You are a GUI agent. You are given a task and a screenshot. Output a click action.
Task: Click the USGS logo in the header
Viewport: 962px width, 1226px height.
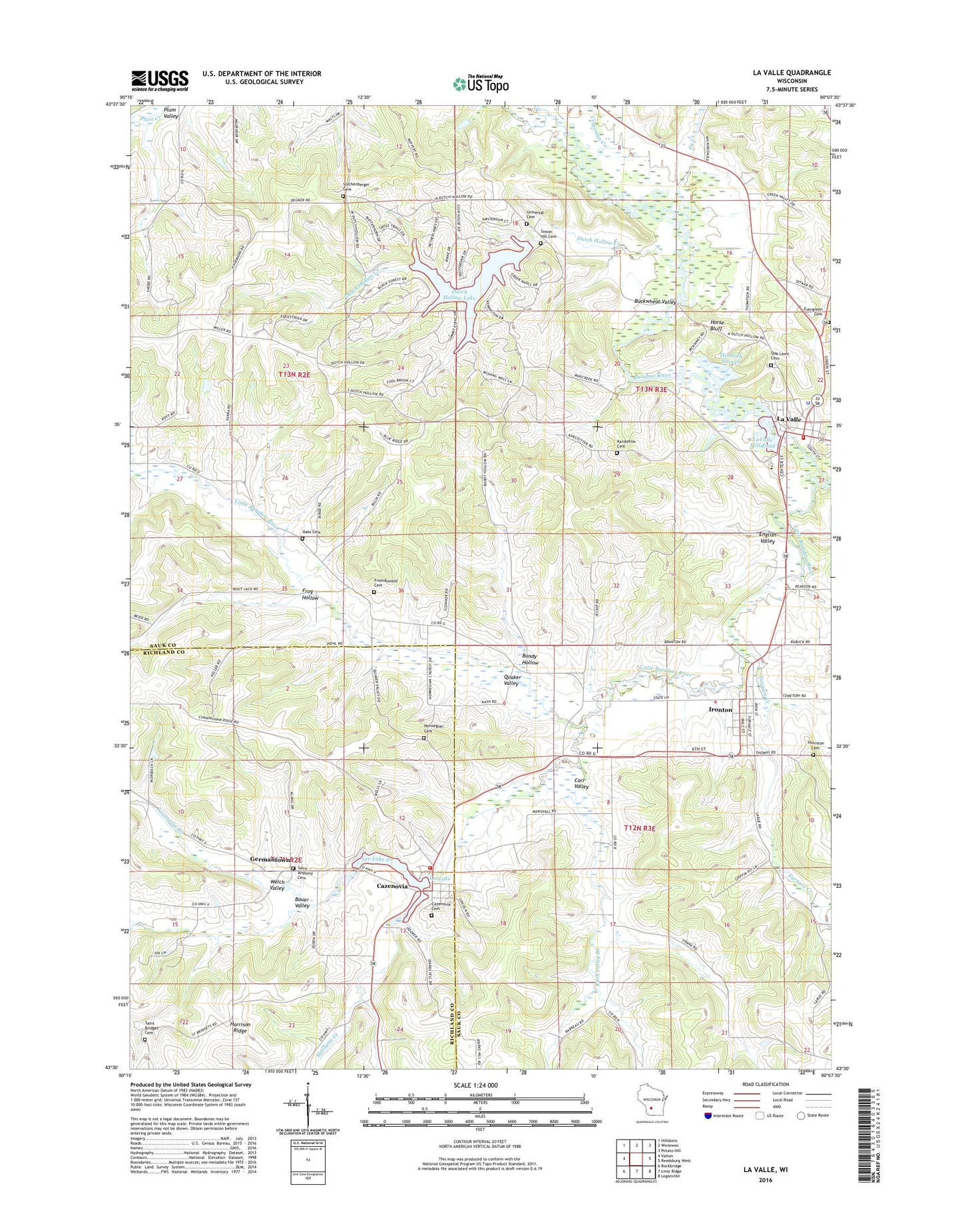pos(160,80)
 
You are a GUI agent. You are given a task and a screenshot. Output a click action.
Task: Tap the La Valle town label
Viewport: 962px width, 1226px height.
pos(789,419)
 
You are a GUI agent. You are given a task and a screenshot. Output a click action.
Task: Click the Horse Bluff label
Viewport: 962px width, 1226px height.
pos(716,325)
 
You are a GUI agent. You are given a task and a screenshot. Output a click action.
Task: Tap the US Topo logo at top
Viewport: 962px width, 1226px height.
pos(481,84)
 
